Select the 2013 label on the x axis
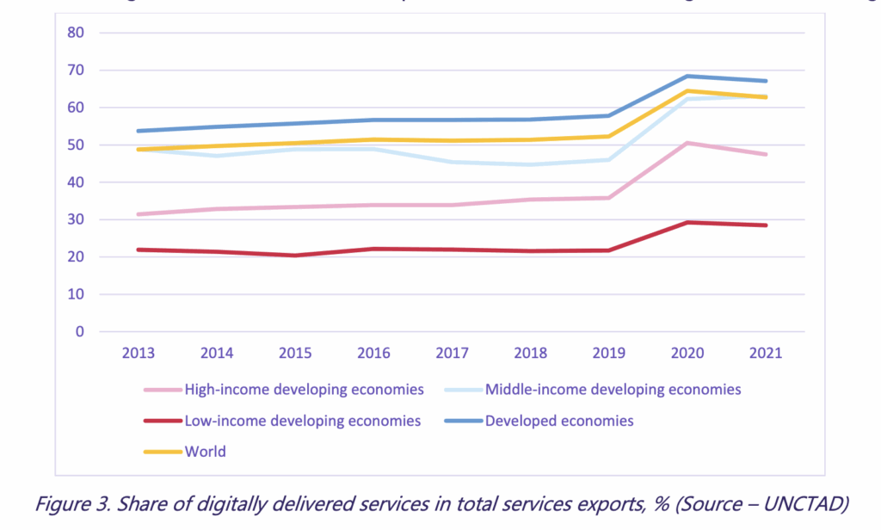(x=138, y=352)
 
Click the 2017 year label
(x=452, y=352)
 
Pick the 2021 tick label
(x=766, y=352)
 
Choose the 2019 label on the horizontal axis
(x=609, y=352)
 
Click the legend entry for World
(x=205, y=452)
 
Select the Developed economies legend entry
(x=559, y=421)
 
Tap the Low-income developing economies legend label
(x=302, y=421)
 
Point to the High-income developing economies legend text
(x=304, y=390)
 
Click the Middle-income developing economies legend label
(x=613, y=390)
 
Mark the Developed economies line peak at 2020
(x=687, y=76)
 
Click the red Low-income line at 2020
(x=687, y=222)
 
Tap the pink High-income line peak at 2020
(x=687, y=143)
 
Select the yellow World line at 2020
(x=687, y=90)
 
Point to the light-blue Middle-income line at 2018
(x=531, y=164)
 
